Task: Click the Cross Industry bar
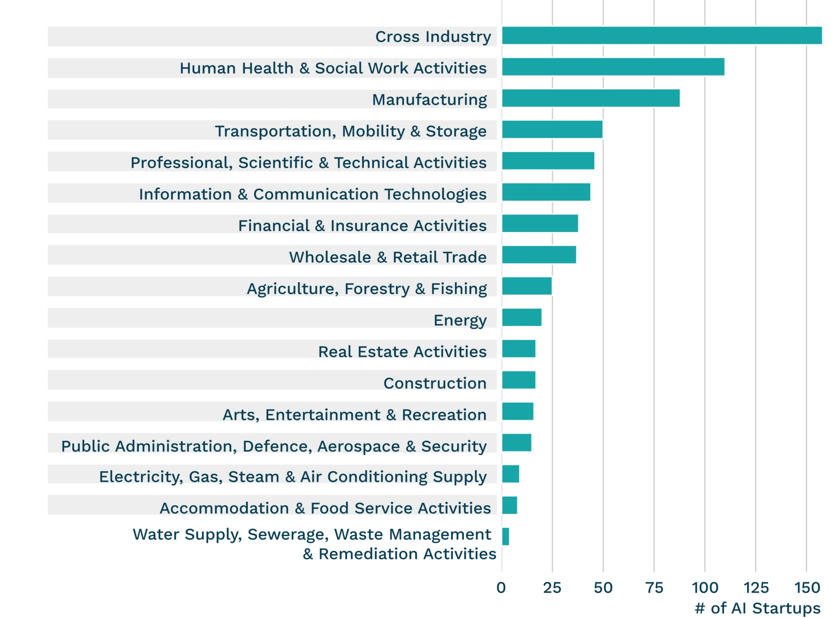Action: (x=662, y=36)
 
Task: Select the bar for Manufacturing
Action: (x=591, y=98)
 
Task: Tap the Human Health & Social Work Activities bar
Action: (x=613, y=67)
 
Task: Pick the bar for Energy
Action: (x=522, y=318)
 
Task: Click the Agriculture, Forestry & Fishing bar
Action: (x=527, y=287)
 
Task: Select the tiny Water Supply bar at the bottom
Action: (x=506, y=536)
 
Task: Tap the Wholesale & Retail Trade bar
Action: (x=539, y=255)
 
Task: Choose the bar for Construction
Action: (x=519, y=380)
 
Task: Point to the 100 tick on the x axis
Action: (x=704, y=588)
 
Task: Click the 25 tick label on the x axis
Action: (x=552, y=588)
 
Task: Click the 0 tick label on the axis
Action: (x=501, y=588)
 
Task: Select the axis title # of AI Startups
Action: (x=758, y=608)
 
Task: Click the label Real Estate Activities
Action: (x=402, y=352)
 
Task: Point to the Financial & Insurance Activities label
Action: (x=362, y=226)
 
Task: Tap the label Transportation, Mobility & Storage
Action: (x=350, y=131)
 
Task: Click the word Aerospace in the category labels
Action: (x=358, y=446)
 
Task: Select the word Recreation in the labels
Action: (x=444, y=414)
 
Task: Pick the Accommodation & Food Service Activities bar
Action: (x=510, y=506)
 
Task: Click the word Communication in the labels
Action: (x=315, y=194)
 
